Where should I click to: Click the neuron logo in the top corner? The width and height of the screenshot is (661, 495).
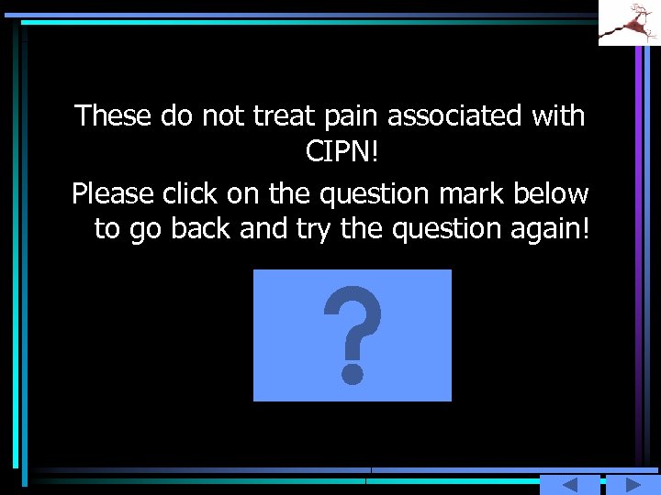pos(629,22)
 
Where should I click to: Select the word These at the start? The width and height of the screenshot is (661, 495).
pos(114,115)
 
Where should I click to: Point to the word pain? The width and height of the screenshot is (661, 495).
pos(352,116)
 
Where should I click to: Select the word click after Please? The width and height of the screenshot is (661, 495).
pos(191,194)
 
